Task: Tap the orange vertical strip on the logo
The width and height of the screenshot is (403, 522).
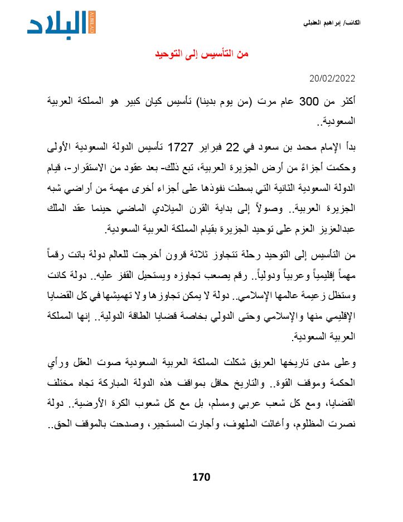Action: (x=93, y=22)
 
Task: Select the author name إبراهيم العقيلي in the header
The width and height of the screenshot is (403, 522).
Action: (x=323, y=23)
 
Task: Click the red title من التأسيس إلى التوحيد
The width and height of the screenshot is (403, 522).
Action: (x=201, y=54)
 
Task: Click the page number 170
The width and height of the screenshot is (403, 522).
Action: (x=201, y=477)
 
